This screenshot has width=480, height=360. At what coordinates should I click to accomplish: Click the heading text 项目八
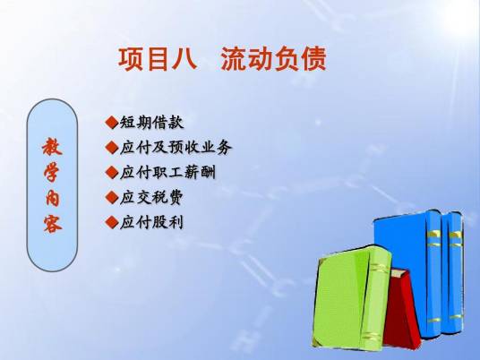(x=157, y=59)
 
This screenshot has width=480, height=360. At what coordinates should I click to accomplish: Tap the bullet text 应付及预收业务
(x=175, y=147)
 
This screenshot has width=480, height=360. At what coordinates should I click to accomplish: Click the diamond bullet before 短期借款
(x=111, y=122)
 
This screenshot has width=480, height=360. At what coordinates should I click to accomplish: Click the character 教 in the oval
(x=52, y=147)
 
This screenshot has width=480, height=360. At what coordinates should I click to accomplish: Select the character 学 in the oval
(x=52, y=172)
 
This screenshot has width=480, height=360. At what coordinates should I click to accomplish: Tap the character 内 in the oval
(x=52, y=197)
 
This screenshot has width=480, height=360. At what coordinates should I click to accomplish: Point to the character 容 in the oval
(x=52, y=222)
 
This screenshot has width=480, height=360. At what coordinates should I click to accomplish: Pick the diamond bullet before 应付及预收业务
(x=111, y=147)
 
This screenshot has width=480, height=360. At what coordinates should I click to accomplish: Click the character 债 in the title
(x=313, y=59)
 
